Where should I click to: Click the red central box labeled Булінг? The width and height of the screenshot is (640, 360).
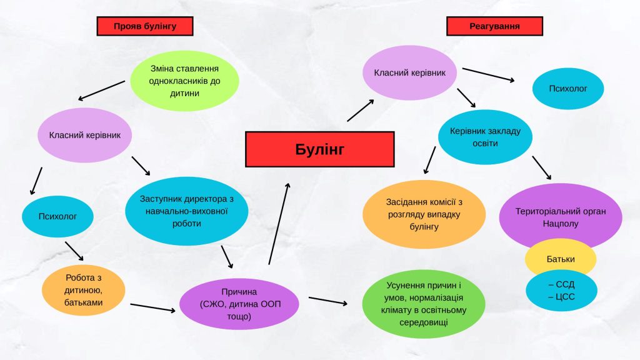point(319,149)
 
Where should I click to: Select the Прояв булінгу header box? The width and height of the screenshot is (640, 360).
point(144,26)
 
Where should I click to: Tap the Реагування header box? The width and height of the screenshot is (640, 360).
point(494,26)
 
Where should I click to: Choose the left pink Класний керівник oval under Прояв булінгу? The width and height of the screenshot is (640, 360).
point(84,134)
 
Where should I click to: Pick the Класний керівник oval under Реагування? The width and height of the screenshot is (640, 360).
point(409,73)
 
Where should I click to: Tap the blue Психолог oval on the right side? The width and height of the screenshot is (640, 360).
point(568,89)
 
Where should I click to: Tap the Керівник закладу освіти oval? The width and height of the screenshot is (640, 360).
point(485,137)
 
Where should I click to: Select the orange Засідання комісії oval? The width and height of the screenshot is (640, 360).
point(424,214)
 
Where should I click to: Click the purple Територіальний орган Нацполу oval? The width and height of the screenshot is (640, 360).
point(561,216)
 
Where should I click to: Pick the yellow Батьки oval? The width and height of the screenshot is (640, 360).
point(561,259)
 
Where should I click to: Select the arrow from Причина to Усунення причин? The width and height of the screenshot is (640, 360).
point(328,301)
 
